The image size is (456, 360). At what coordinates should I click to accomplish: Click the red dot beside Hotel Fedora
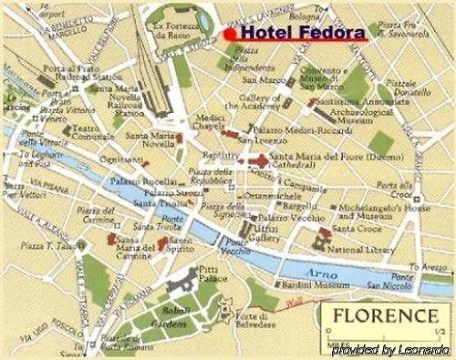tap(230, 33)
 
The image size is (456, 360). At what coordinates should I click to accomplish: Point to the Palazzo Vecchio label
tap(285, 218)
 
